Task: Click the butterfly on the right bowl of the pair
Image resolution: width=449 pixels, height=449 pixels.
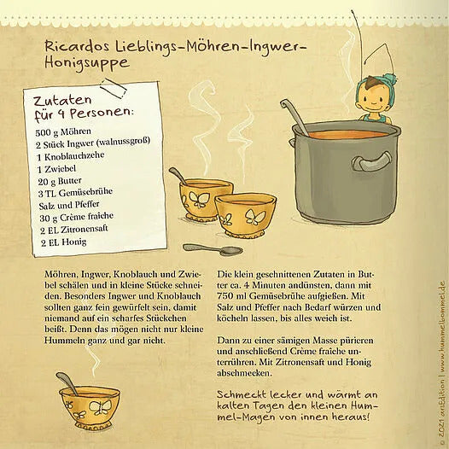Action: [x=254, y=217]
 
